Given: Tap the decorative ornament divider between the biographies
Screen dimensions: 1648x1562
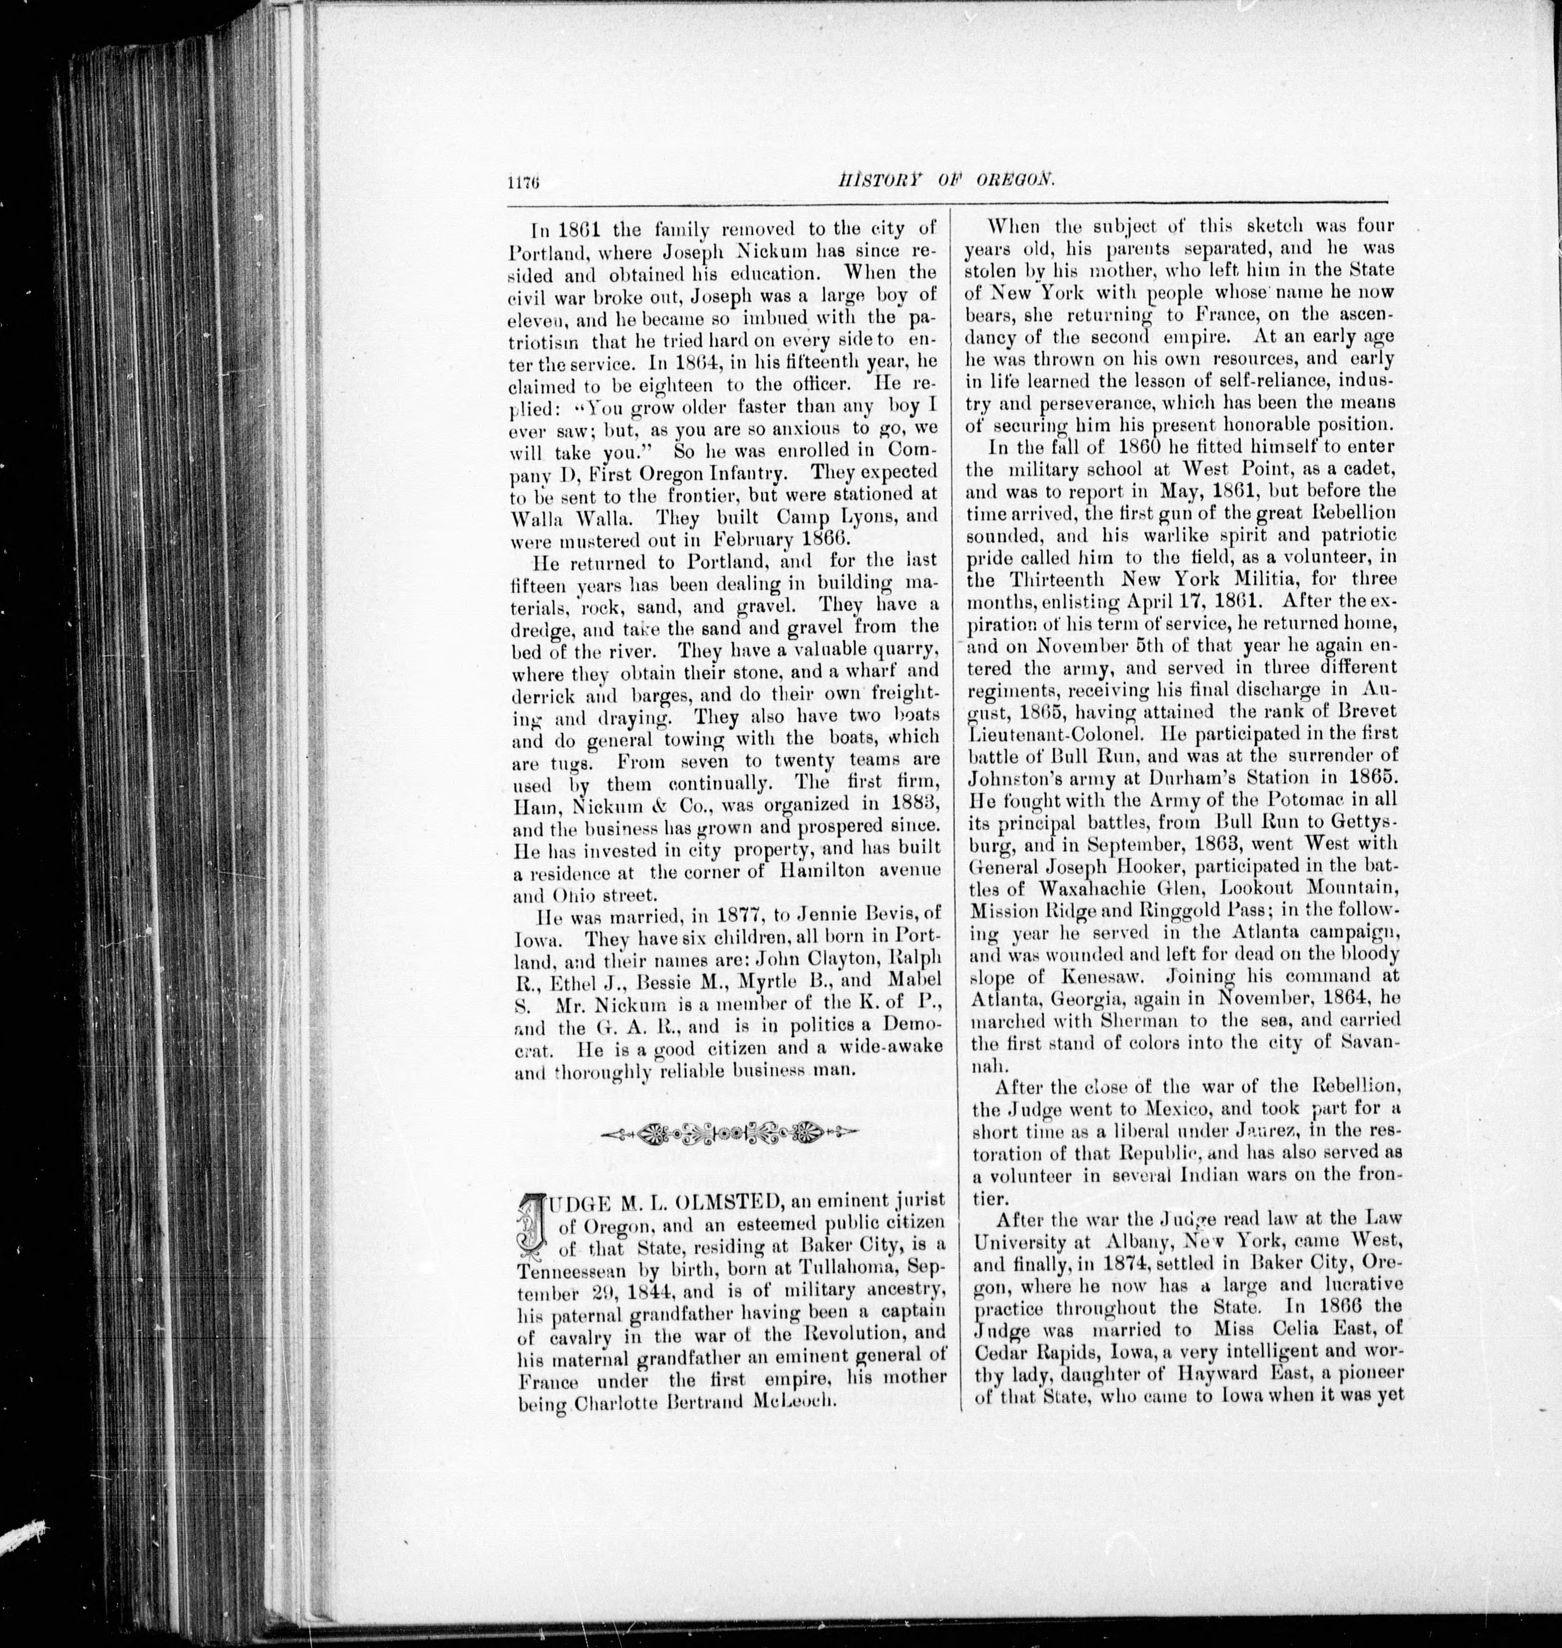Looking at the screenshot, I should pos(728,1132).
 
